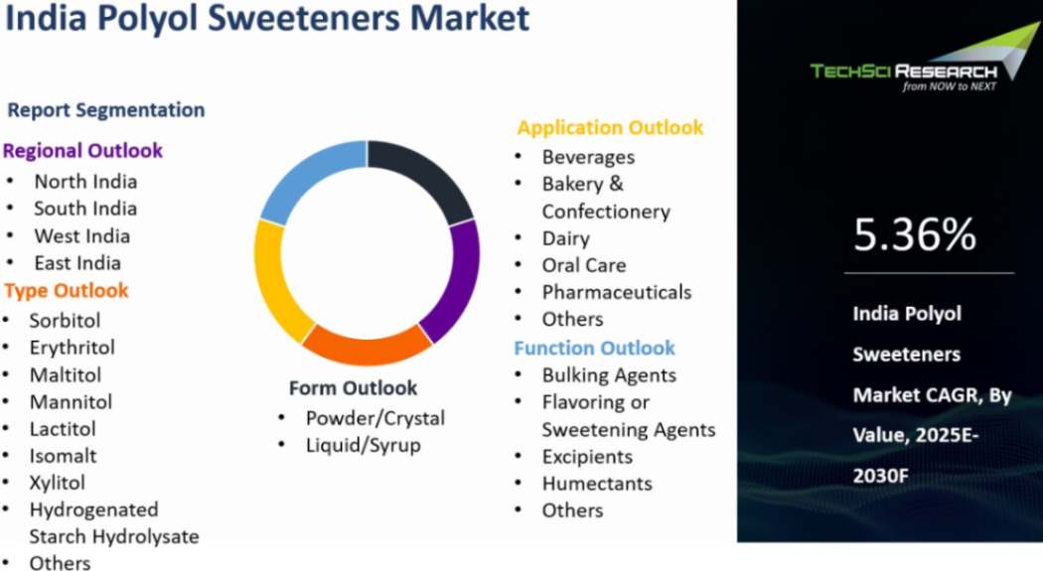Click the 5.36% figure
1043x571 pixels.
click(914, 234)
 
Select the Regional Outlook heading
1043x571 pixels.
click(82, 151)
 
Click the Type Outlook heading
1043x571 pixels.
click(67, 291)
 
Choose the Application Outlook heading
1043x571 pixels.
click(610, 127)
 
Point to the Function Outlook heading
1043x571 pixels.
click(594, 348)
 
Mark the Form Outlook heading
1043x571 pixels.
click(353, 387)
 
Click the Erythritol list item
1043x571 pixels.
click(72, 348)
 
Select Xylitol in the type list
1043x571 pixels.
click(57, 483)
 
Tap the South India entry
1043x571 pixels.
click(85, 209)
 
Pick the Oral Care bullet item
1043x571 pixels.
click(583, 265)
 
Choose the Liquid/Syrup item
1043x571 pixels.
click(363, 445)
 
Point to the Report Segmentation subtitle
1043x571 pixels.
click(106, 110)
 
